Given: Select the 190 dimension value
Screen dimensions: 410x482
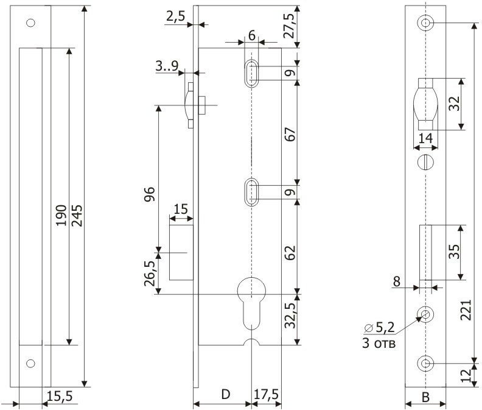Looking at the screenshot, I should (61, 215).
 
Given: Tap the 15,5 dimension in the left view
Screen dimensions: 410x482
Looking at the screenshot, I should (59, 396).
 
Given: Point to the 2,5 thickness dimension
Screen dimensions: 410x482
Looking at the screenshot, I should (175, 16).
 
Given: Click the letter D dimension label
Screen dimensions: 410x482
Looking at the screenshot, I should (225, 395).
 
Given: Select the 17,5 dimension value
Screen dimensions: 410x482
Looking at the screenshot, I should (266, 395).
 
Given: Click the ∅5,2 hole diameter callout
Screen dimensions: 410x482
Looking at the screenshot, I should (380, 328).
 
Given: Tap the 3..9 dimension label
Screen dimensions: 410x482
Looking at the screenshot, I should (166, 66).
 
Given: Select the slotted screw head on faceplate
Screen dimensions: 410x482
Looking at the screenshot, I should (426, 163).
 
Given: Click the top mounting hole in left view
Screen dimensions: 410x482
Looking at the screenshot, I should (30, 24).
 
